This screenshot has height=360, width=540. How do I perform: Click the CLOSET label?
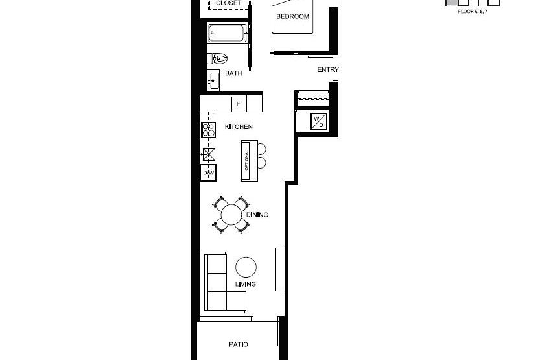click(x=228, y=3)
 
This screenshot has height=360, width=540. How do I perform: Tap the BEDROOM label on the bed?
click(x=293, y=16)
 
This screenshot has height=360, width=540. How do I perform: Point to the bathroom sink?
click(x=213, y=80)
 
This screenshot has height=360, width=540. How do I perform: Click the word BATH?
click(x=233, y=73)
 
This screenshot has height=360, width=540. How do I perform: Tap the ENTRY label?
click(x=328, y=70)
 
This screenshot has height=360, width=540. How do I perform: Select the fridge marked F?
click(x=239, y=103)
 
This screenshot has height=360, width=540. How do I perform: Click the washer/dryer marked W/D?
click(x=318, y=121)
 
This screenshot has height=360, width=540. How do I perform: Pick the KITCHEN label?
click(x=239, y=126)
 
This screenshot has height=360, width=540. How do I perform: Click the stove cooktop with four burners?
click(x=208, y=129)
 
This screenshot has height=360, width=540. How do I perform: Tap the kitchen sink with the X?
click(x=209, y=154)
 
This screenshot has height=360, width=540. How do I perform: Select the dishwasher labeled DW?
click(x=209, y=173)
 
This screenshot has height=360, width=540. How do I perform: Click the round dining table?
click(x=231, y=214)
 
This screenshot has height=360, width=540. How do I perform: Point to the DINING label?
click(x=257, y=215)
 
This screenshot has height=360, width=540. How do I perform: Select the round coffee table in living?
click(x=246, y=267)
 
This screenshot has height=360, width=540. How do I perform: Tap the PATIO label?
click(x=238, y=344)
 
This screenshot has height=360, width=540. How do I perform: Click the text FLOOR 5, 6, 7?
click(x=472, y=12)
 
